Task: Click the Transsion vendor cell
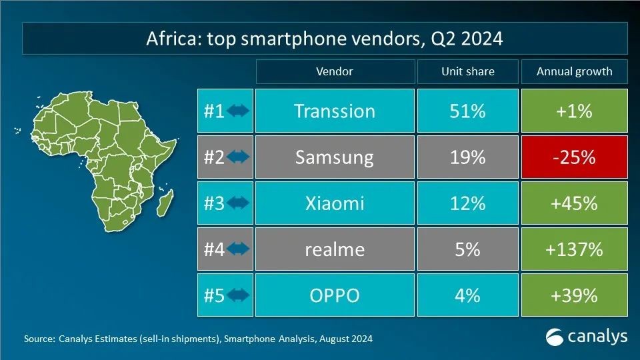pos(334,111)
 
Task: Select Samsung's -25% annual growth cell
pos(574,157)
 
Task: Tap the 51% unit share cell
pos(467,111)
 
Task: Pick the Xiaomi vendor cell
pos(334,203)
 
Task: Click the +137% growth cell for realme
pos(574,249)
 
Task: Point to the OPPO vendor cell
pos(334,295)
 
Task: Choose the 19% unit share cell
pos(467,157)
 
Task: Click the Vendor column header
pos(334,71)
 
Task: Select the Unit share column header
pos(467,71)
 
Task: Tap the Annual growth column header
pos(574,71)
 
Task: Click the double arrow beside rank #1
pos(238,111)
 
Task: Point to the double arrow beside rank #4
pos(238,250)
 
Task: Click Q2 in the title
pos(446,39)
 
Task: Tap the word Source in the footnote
pos(39,339)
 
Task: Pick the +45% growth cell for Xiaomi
pos(574,203)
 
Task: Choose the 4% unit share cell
pos(467,295)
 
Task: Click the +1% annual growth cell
pos(574,111)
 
